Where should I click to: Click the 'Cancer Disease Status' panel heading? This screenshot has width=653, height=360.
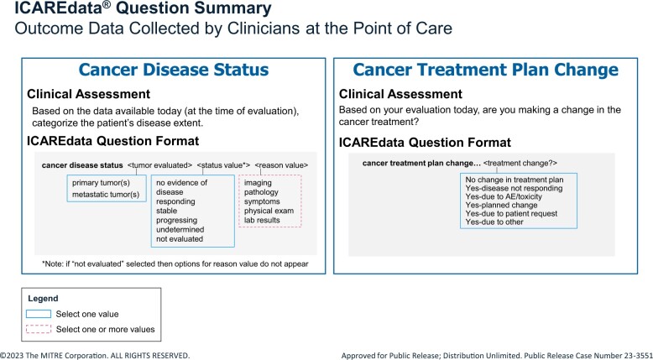173,70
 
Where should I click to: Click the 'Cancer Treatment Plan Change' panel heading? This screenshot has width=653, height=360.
486,70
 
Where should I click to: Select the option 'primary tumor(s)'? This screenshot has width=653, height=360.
101,183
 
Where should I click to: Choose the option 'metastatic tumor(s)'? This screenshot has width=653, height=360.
106,195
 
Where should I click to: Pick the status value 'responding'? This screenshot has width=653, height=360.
175,201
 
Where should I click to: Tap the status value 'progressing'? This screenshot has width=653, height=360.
176,220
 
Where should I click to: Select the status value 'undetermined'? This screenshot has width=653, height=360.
180,229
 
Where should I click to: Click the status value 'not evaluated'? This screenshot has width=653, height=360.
180,239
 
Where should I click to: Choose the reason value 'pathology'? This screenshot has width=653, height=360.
261,192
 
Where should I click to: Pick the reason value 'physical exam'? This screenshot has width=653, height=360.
269,211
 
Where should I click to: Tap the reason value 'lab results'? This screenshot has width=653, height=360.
262,220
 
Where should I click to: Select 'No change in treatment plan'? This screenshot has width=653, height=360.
515,180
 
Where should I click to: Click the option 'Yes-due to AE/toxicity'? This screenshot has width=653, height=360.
504,196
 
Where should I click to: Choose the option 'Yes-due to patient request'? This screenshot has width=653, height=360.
511,213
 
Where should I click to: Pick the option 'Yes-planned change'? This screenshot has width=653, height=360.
501,206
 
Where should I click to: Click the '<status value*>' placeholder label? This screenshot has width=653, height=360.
223,165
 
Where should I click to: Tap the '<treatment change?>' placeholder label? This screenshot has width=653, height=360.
520,163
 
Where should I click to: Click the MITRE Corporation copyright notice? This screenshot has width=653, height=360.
95,356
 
